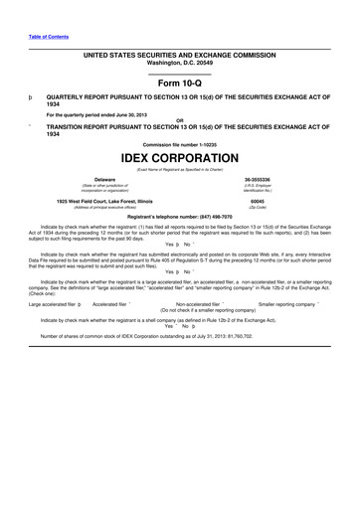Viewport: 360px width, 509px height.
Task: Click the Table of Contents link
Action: (x=49, y=36)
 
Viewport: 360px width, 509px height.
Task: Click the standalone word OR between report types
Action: (x=179, y=120)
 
